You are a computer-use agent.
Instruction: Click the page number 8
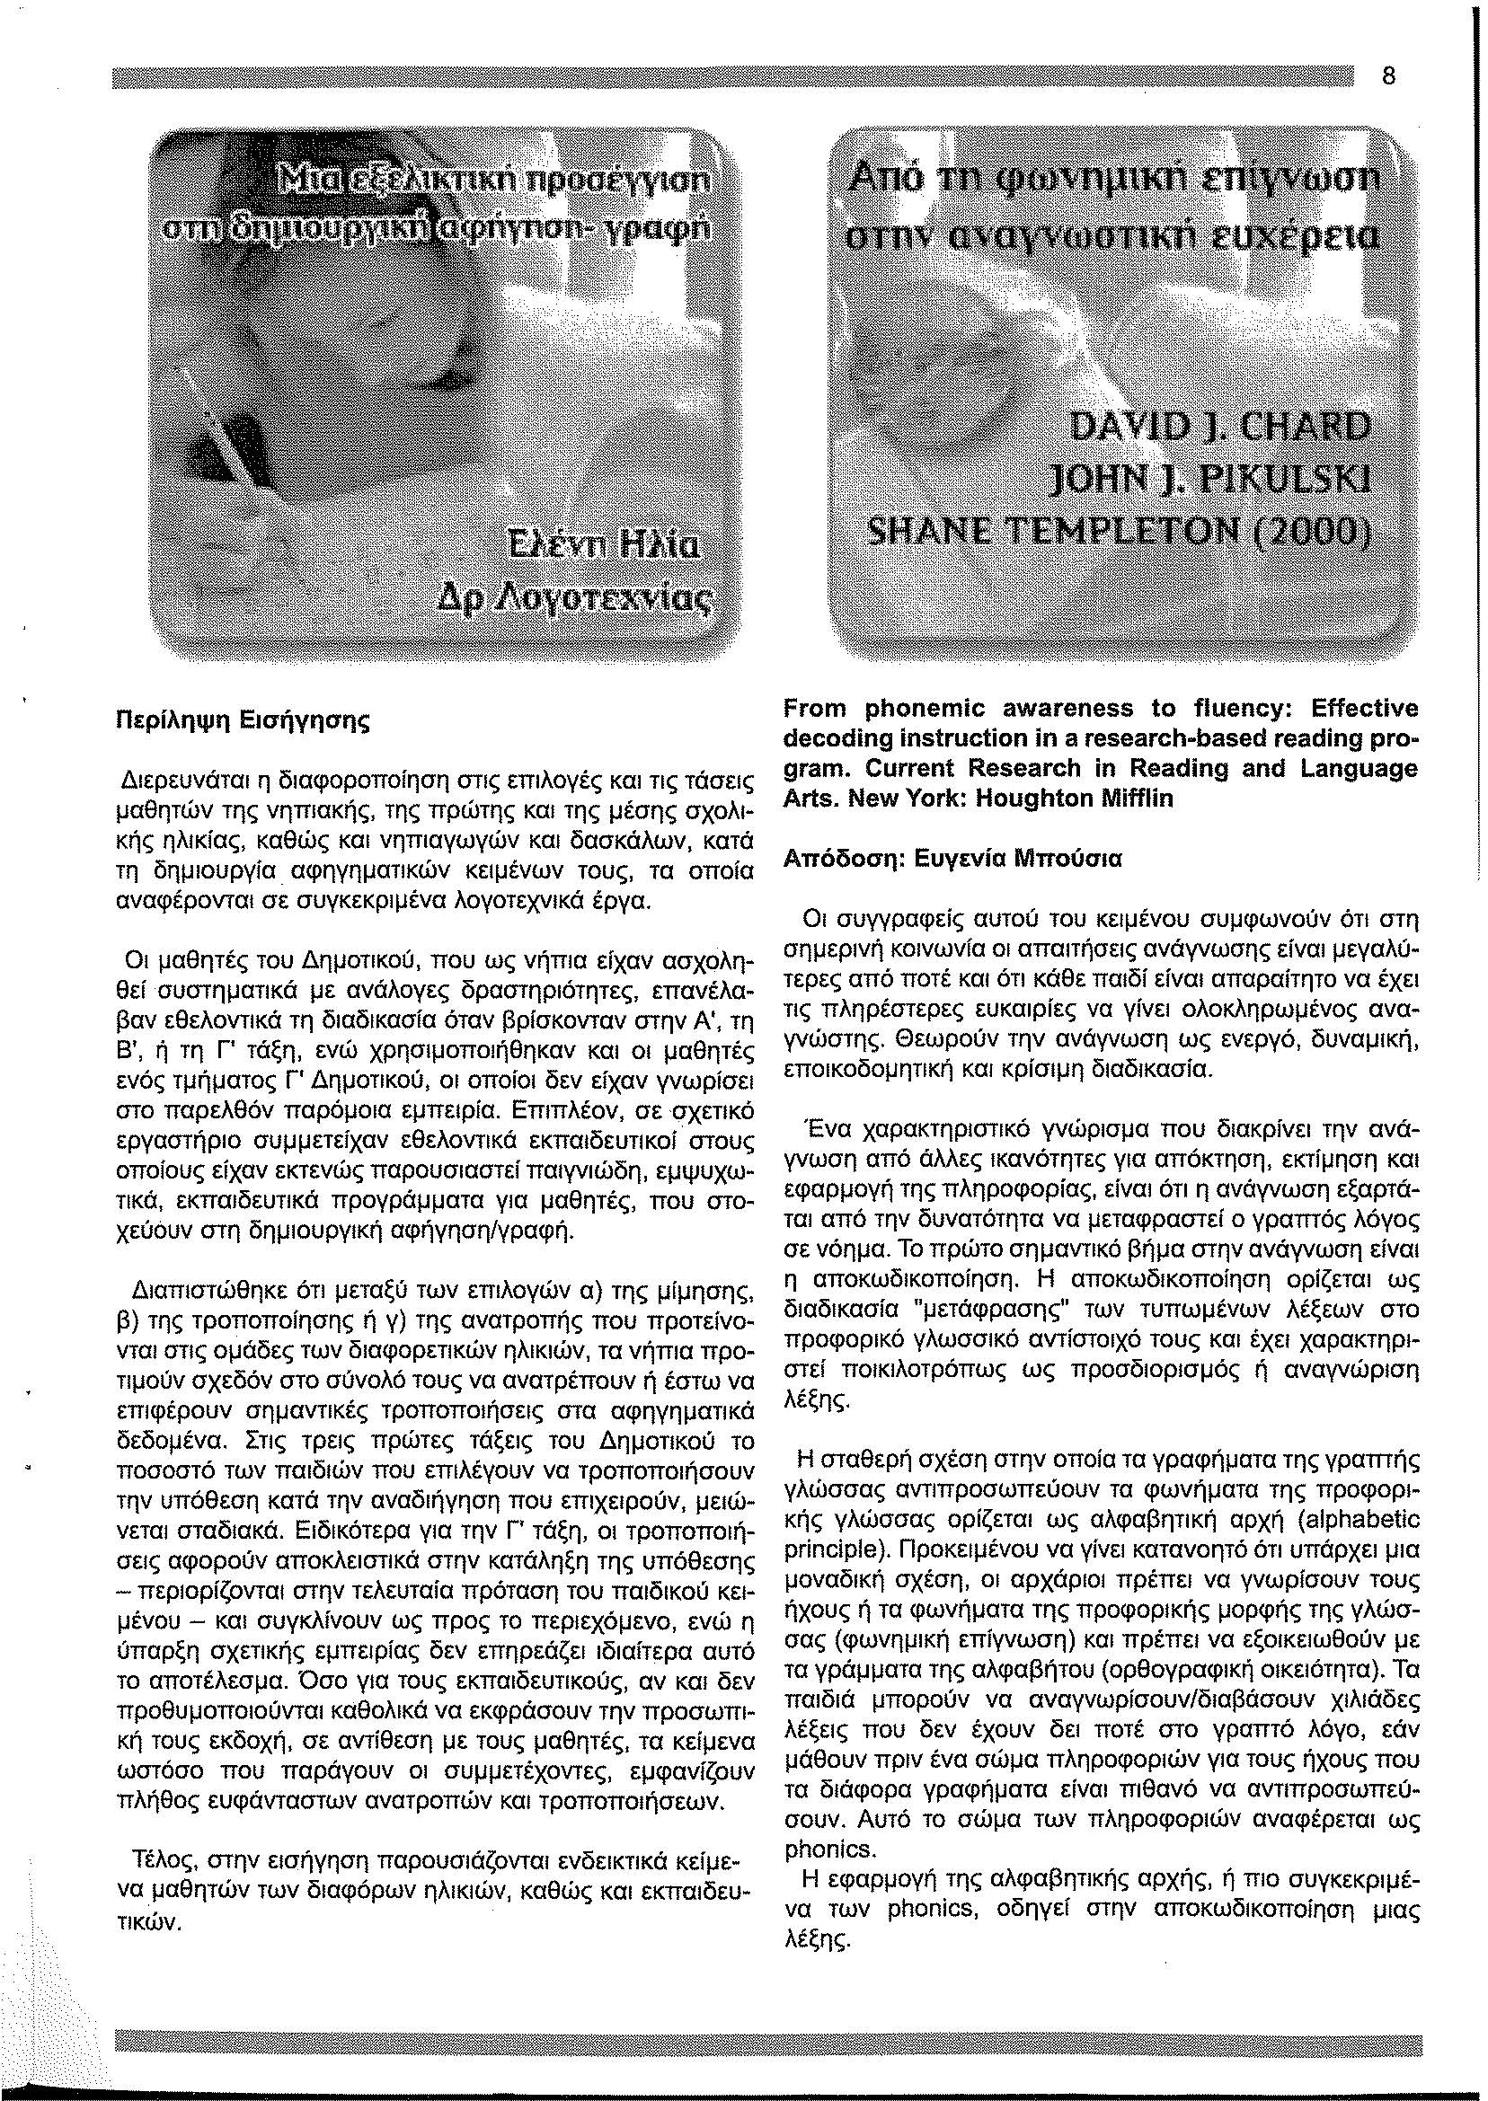tap(1388, 77)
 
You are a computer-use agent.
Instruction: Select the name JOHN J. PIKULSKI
tap(1214, 478)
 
